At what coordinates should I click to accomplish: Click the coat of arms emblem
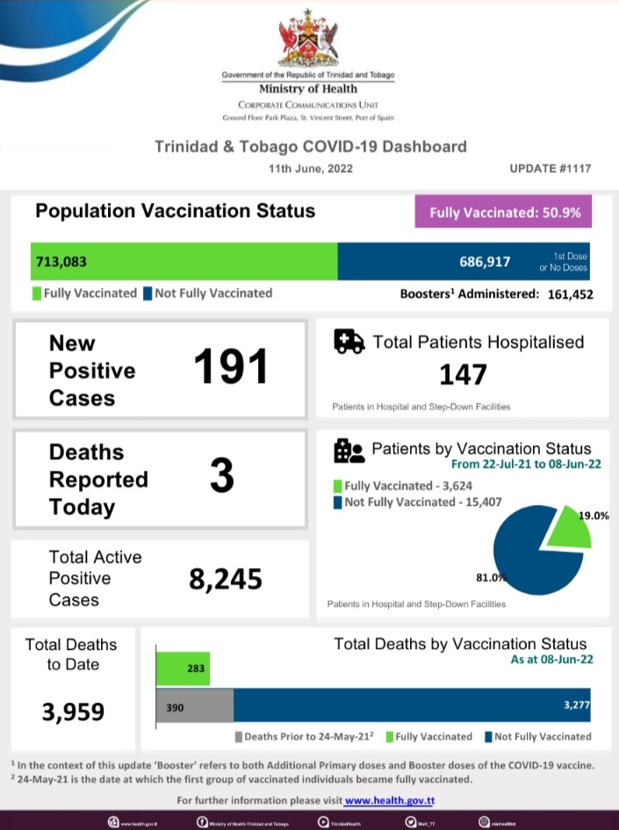[307, 39]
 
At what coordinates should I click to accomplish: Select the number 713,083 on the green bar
[61, 262]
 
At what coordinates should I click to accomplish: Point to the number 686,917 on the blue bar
[485, 262]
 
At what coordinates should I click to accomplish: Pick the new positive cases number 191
[230, 366]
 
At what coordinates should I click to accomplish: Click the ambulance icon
[349, 342]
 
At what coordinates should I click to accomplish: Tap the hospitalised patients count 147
[463, 375]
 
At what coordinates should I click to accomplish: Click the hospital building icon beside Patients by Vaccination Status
[349, 451]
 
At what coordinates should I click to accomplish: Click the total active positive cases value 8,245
[226, 579]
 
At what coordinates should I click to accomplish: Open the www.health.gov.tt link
[390, 801]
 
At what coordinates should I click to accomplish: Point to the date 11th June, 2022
[311, 169]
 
